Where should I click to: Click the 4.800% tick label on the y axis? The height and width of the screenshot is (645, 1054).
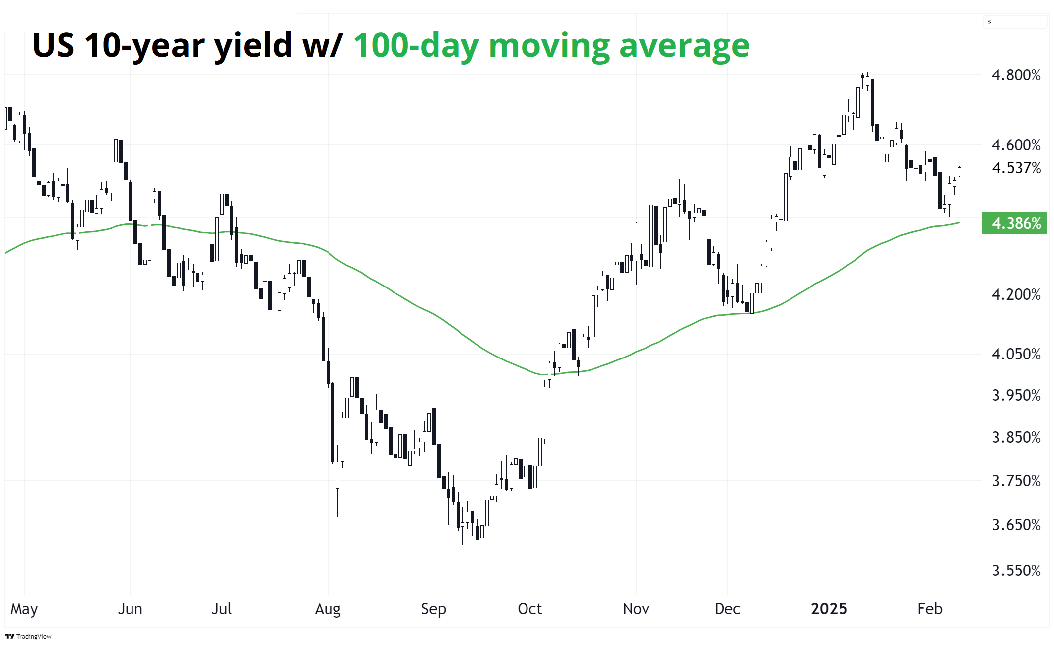pos(1016,75)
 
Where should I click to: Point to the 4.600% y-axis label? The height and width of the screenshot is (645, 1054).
pos(1016,145)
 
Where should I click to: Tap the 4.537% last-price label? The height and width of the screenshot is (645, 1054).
pos(1016,168)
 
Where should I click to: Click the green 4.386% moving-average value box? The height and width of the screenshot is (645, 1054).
pos(1015,223)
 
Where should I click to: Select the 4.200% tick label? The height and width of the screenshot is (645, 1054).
pos(1016,295)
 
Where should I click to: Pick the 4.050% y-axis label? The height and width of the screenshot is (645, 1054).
pos(1016,355)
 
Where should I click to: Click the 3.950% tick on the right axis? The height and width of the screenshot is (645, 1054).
pos(1016,396)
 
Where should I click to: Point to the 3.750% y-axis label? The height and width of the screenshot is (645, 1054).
pos(1016,481)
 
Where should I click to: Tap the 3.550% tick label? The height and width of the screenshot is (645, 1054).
pos(1016,571)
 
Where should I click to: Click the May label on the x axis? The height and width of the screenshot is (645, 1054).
pos(24,609)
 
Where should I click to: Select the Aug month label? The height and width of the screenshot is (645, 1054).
pos(328,609)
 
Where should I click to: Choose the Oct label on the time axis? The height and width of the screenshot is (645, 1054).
pos(529,609)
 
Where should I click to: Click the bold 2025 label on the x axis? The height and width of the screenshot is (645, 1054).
pos(829,609)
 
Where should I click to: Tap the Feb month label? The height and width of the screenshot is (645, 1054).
pos(929,609)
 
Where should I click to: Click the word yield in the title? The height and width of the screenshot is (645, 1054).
pos(253,46)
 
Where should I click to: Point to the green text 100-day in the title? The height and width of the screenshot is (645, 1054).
pos(416,46)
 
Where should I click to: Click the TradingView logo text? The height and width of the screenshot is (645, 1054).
pos(33,636)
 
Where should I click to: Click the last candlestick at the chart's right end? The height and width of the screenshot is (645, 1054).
pos(959,172)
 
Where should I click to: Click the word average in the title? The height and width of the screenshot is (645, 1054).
pos(684,46)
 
